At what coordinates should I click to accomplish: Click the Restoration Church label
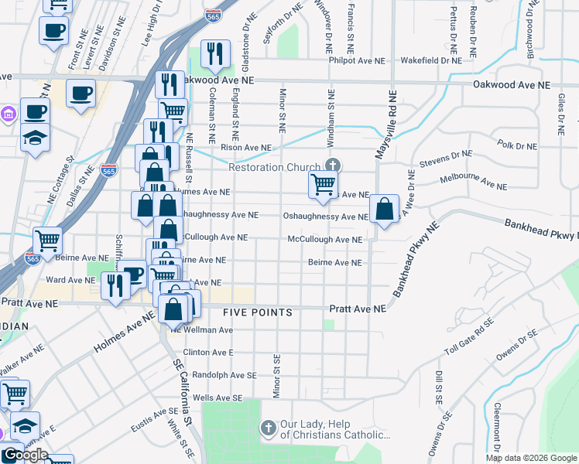[275, 168]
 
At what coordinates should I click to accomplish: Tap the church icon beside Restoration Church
[333, 165]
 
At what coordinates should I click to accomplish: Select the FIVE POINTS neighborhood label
[258, 312]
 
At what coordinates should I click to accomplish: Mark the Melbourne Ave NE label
[473, 183]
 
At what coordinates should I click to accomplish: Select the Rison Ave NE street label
[246, 147]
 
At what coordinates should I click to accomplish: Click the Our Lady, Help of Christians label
[334, 429]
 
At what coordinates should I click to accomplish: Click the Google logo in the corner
[25, 455]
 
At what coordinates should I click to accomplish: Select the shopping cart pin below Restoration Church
[323, 185]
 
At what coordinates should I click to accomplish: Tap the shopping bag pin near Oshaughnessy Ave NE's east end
[384, 209]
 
